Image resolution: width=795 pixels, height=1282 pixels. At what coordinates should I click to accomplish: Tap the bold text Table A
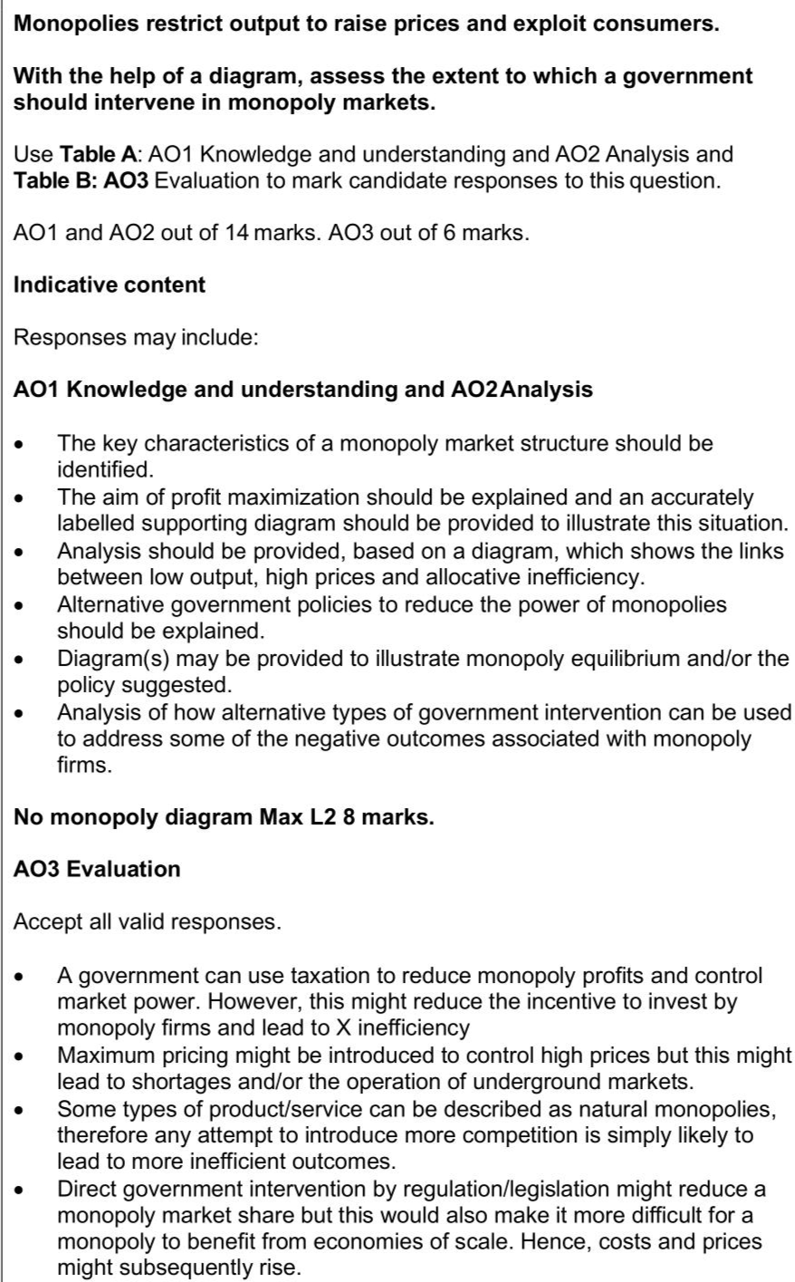point(96,154)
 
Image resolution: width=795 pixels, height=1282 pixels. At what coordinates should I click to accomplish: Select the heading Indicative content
point(110,284)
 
